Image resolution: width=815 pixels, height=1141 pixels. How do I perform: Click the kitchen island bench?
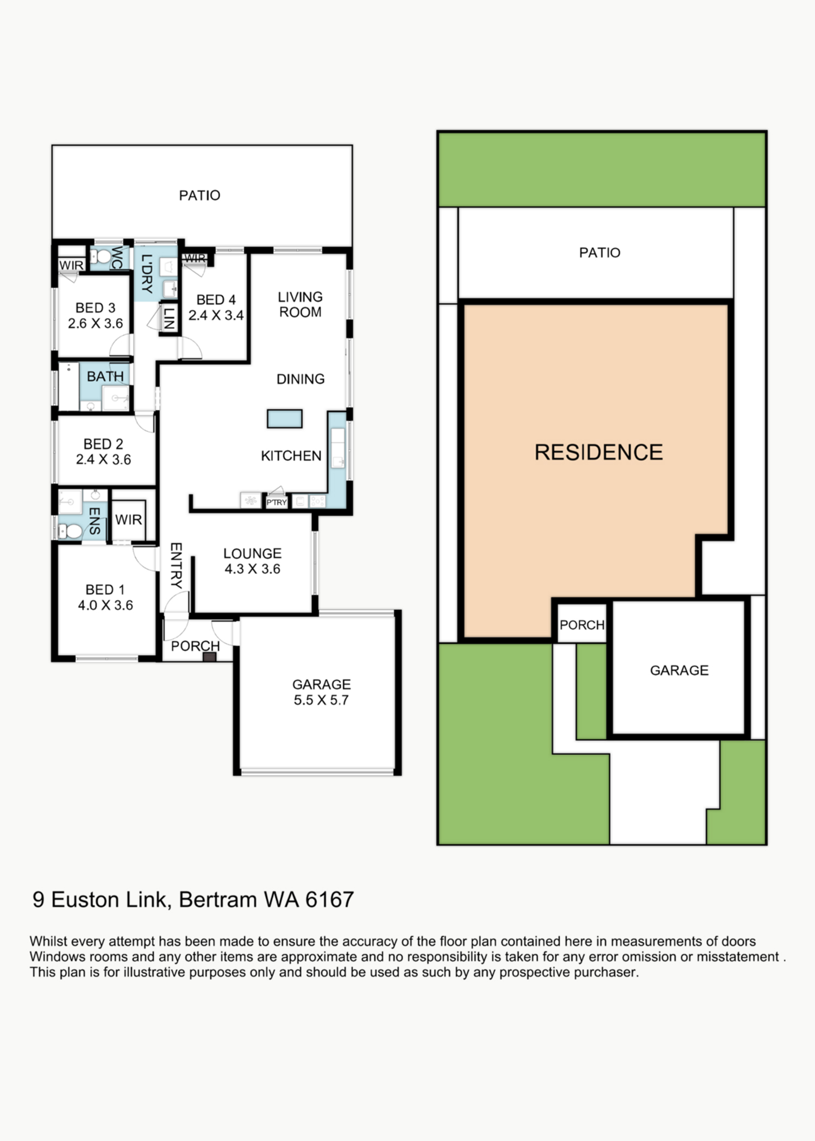click(x=285, y=418)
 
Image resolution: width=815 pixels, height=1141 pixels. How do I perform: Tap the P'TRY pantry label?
click(x=277, y=502)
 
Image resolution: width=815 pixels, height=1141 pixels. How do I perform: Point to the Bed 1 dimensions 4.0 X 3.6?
click(x=105, y=605)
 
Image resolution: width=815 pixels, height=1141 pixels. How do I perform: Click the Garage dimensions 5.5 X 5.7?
click(x=321, y=700)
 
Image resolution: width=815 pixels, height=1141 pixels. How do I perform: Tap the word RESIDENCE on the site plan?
click(x=598, y=452)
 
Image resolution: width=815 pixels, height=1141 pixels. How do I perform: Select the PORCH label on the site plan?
click(x=582, y=625)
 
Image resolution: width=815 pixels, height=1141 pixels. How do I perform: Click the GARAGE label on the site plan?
click(x=679, y=670)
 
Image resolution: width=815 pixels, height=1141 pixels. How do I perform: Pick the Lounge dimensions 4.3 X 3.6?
click(x=253, y=569)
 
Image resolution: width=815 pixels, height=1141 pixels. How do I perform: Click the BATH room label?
click(x=105, y=376)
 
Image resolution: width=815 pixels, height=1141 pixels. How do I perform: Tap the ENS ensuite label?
click(x=95, y=521)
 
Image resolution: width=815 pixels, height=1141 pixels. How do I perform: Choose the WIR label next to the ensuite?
click(x=129, y=519)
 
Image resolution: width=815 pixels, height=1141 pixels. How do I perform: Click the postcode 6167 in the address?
click(x=329, y=900)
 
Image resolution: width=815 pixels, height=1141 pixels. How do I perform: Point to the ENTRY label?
click(x=176, y=565)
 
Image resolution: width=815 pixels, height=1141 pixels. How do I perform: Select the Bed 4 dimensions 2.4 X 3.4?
click(x=216, y=315)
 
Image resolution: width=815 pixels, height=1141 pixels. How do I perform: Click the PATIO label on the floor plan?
click(x=199, y=195)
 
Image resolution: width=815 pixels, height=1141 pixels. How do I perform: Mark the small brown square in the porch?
click(x=209, y=656)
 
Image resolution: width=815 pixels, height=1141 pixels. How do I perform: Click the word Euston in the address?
click(x=85, y=900)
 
